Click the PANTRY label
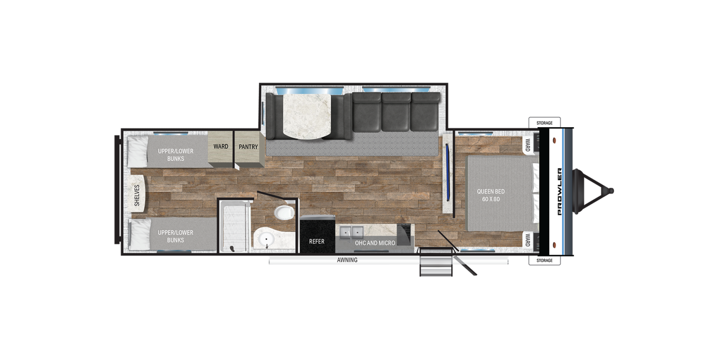click(x=248, y=147)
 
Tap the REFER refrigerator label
click(x=317, y=241)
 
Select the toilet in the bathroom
click(x=285, y=213)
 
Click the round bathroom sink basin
click(x=266, y=239)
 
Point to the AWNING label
click(x=347, y=260)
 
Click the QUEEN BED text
click(x=491, y=191)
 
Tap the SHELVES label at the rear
click(x=137, y=195)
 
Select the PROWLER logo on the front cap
click(x=560, y=192)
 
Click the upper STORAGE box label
click(x=544, y=123)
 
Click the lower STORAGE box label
click(x=544, y=260)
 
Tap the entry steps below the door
click(x=436, y=262)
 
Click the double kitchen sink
click(x=352, y=231)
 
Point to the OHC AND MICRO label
click(x=375, y=243)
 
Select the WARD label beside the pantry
click(x=221, y=146)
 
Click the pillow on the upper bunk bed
click(x=138, y=151)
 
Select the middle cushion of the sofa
click(x=396, y=112)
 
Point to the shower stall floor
click(x=234, y=227)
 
